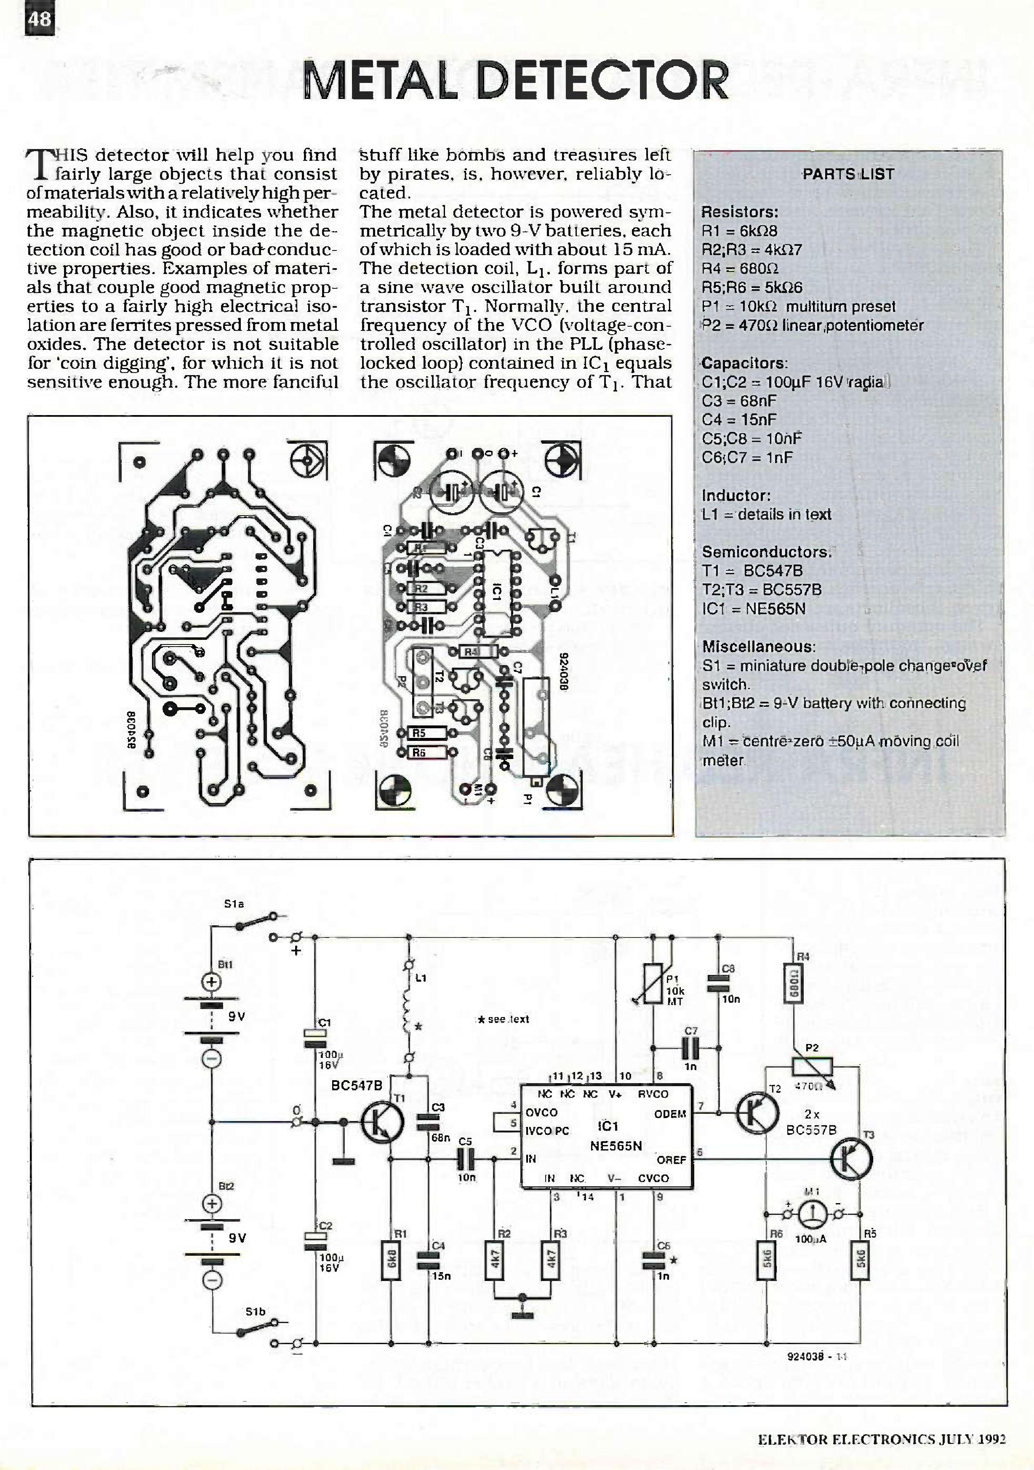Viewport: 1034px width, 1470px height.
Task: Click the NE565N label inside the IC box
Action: coord(615,1146)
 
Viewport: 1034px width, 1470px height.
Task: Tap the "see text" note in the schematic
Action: coord(504,1019)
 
